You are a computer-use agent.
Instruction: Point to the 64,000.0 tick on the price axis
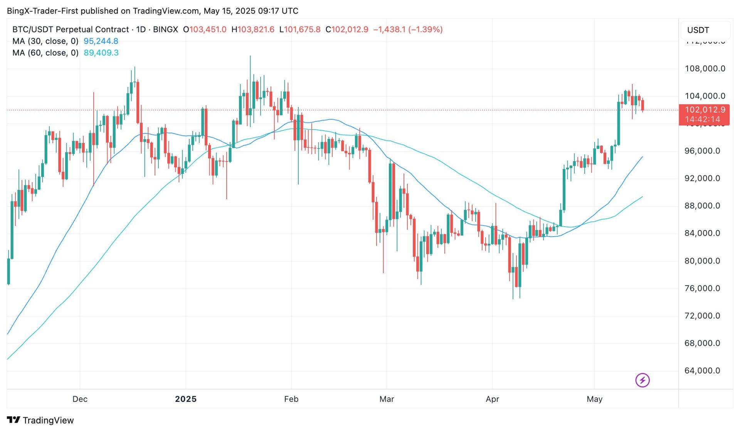pos(702,370)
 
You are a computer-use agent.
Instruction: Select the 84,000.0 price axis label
pos(702,233)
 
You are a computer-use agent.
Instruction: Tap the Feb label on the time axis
pos(291,399)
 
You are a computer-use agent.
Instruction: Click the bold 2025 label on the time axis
pos(186,399)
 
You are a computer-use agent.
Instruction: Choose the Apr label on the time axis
pos(492,399)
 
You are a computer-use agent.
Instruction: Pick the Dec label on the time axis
pos(80,399)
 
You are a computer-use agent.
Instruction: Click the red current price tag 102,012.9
pos(704,110)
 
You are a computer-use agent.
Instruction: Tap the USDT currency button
pos(698,30)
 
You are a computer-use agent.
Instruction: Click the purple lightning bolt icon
pos(642,380)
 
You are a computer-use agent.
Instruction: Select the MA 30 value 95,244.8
pos(101,41)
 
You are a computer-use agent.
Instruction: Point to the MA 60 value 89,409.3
pos(101,53)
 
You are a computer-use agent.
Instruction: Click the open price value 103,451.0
pos(208,29)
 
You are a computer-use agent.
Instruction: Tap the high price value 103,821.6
pos(256,29)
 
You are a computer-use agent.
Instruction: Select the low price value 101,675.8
pos(302,29)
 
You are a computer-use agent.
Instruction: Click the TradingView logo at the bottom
pos(40,420)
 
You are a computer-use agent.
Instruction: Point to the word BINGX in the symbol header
pos(165,29)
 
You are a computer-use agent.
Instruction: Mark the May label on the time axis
pos(594,399)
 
